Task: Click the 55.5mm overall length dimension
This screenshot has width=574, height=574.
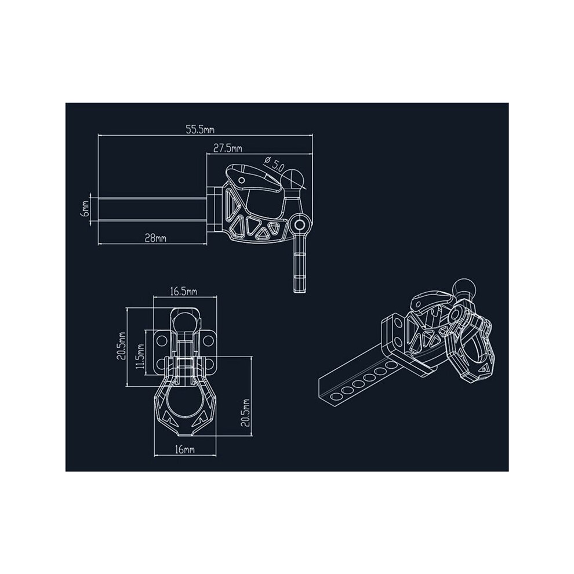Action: (200, 130)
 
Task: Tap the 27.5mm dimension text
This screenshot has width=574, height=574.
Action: (228, 148)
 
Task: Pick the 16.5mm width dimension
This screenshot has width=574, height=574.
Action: (183, 291)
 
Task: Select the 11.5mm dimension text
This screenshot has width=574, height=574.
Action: (140, 356)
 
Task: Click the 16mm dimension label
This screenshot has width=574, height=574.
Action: (184, 449)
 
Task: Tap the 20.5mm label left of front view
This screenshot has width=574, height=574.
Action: (122, 346)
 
